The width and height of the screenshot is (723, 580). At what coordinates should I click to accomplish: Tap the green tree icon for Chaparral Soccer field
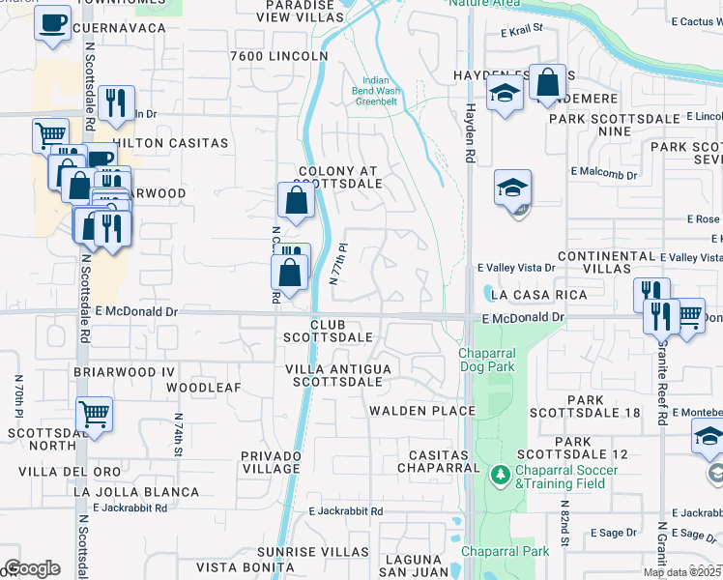tap(500, 474)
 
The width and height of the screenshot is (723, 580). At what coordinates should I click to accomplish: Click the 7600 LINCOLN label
tap(279, 56)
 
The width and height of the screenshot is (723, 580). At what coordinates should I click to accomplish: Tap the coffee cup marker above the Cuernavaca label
tap(52, 21)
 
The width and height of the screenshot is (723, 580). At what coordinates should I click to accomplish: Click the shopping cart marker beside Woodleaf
tap(94, 414)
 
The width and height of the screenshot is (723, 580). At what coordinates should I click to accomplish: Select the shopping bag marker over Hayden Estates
tap(548, 83)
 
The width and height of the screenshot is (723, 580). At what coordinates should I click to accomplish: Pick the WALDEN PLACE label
tap(421, 411)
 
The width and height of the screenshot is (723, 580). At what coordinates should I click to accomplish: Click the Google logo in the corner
tap(32, 568)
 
